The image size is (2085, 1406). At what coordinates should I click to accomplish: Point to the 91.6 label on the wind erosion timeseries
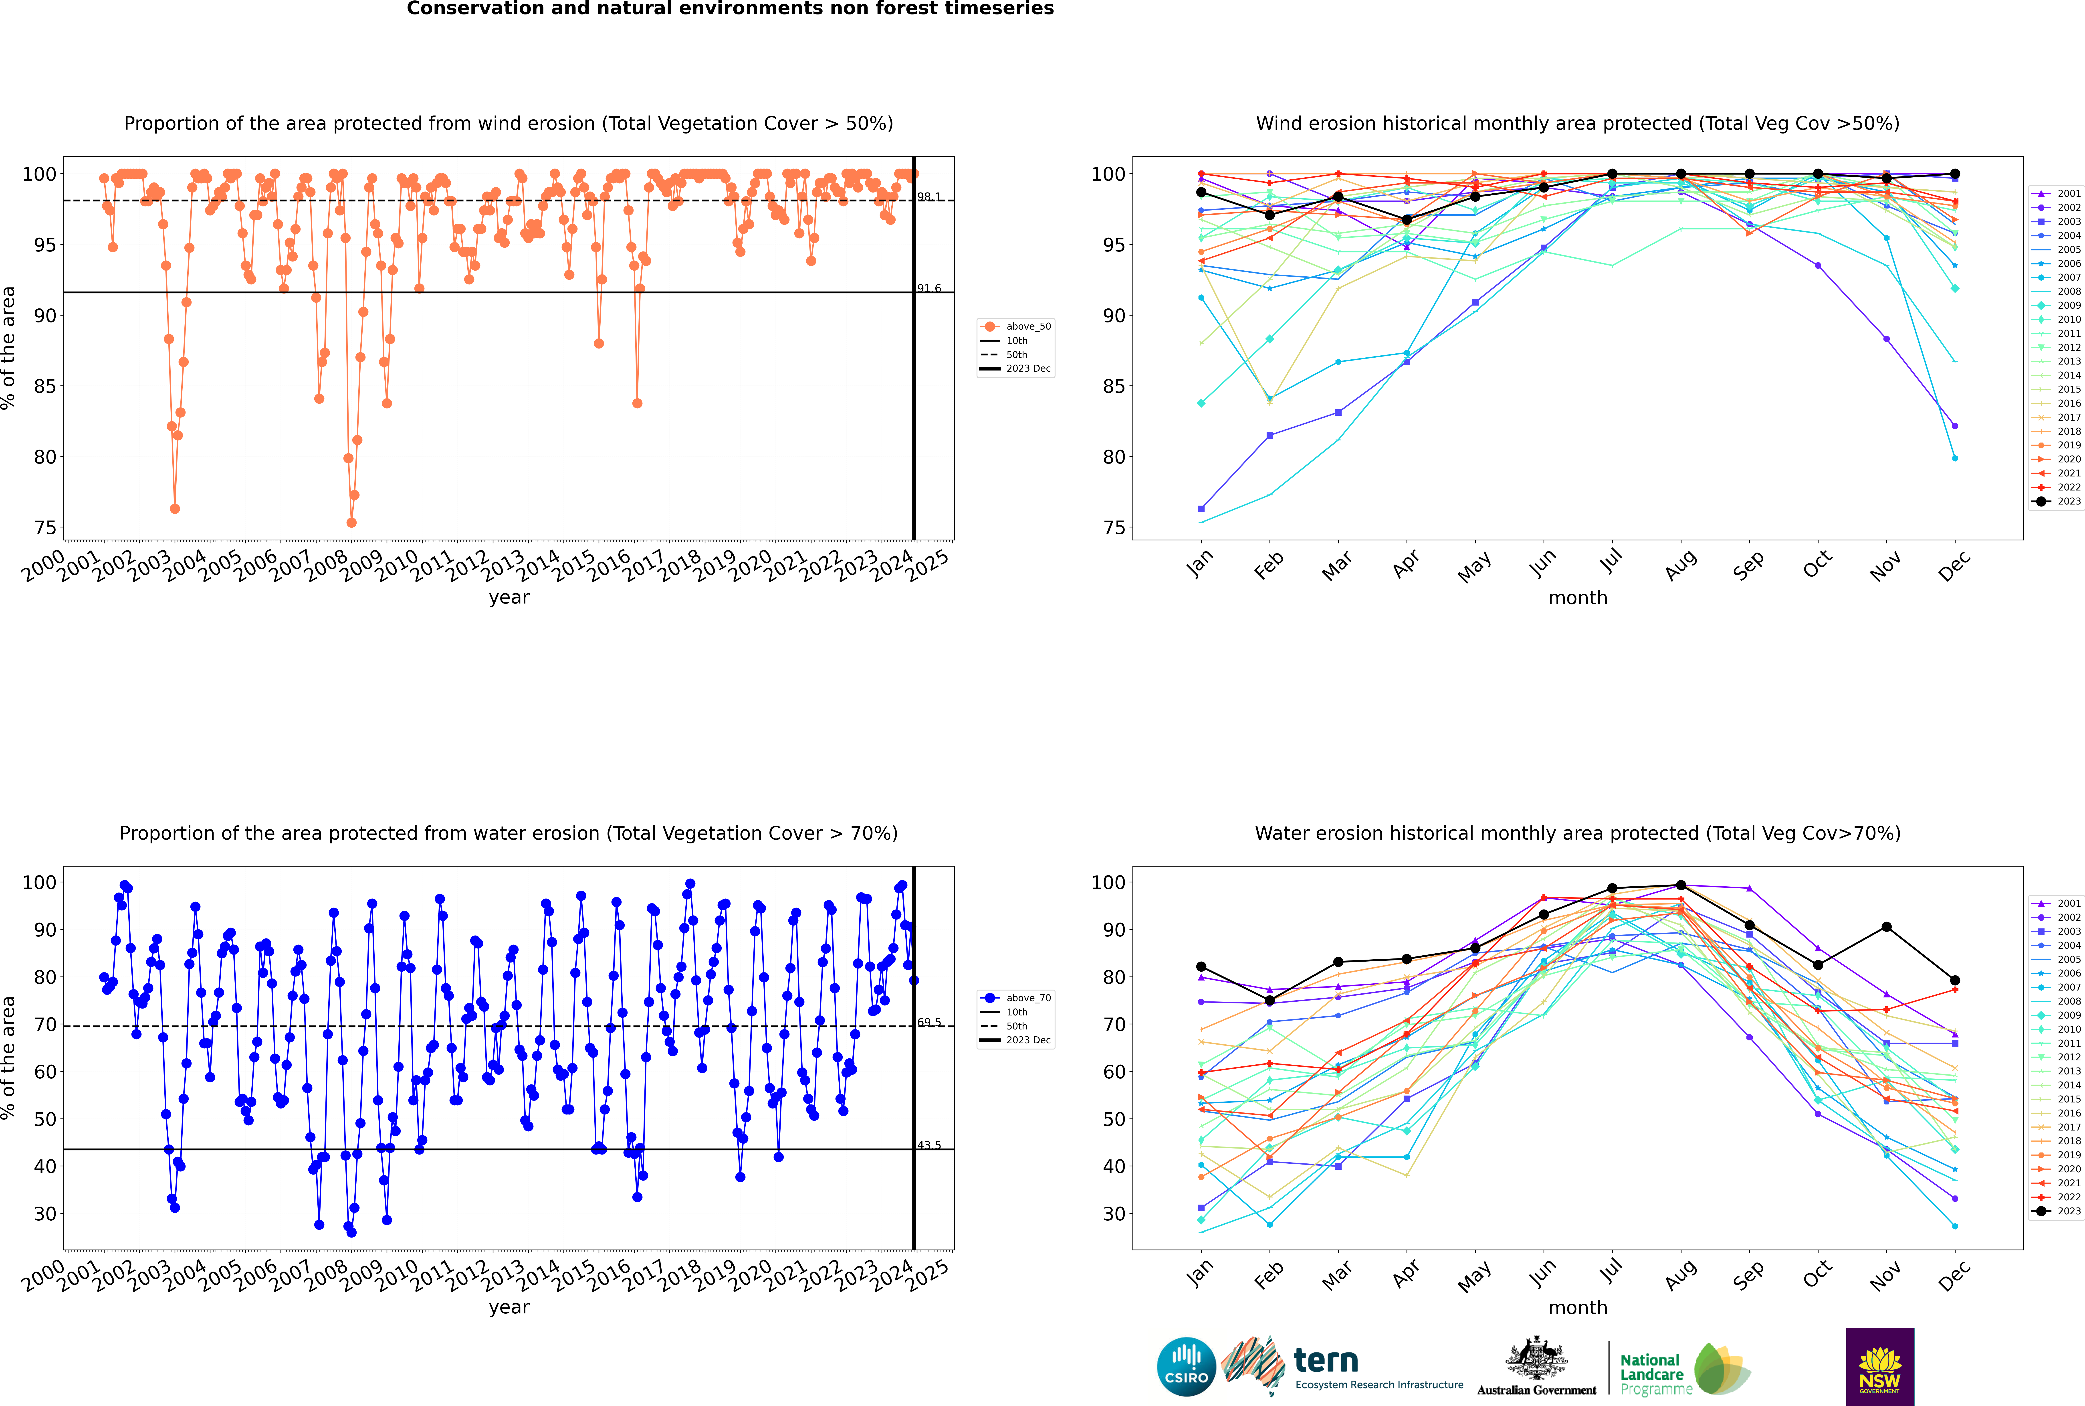(929, 289)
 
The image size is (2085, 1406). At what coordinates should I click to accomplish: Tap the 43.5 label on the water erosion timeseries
(929, 1145)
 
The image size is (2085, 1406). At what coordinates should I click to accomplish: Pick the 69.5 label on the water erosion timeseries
(929, 1022)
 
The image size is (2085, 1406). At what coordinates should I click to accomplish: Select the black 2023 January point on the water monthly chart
(1201, 967)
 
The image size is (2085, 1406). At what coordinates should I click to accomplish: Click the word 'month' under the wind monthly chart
(1578, 598)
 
